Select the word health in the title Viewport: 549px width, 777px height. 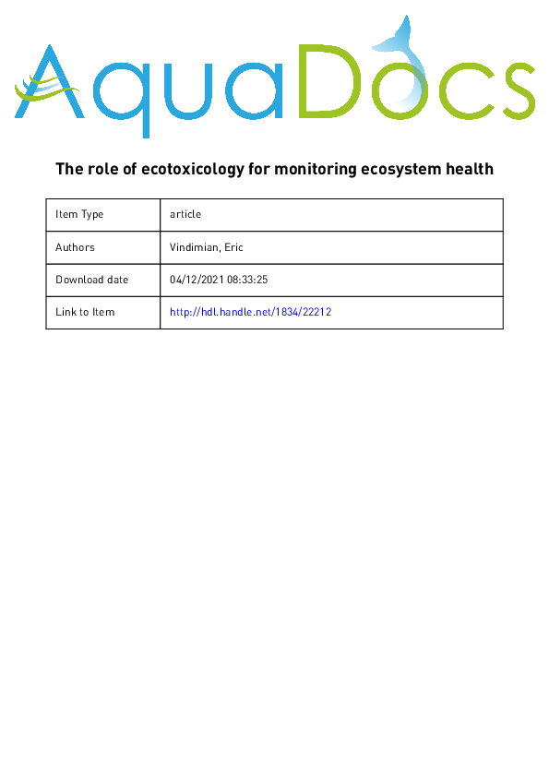click(468, 169)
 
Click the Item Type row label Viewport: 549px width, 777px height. click(79, 214)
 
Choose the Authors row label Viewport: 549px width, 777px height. click(75, 247)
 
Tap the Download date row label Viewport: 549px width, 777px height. click(91, 280)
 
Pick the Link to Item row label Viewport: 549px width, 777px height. click(85, 312)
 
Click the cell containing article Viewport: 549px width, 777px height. click(185, 214)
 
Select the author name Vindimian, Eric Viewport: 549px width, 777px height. click(208, 247)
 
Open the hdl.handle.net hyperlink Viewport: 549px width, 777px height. click(250, 312)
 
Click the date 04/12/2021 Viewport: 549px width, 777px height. click(197, 280)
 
